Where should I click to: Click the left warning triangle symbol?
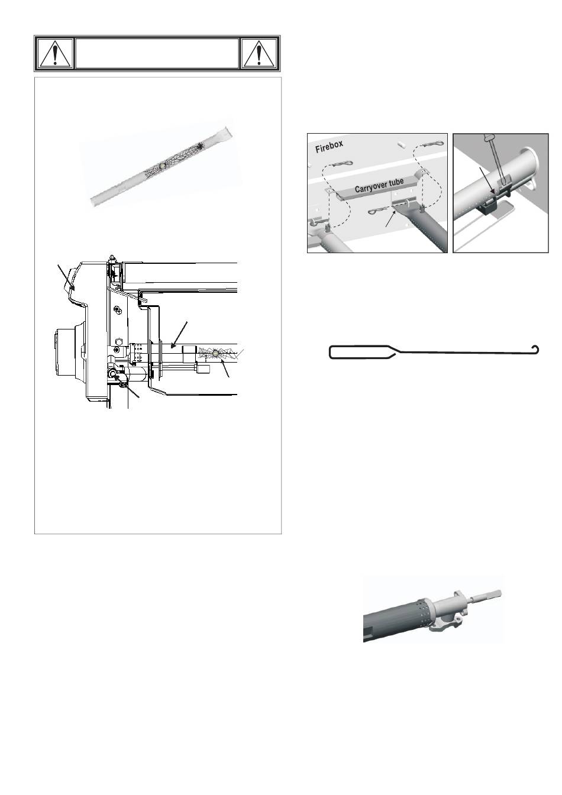point(54,54)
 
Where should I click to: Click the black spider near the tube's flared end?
point(201,146)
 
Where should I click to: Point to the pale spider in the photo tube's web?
point(162,166)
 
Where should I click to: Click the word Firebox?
point(329,147)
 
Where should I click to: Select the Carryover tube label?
point(379,185)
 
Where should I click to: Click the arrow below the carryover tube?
point(391,217)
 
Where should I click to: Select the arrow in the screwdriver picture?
point(486,180)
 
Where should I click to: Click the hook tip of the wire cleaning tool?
point(536,348)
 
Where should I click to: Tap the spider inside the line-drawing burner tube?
point(215,353)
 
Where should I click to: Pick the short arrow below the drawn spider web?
point(225,369)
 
